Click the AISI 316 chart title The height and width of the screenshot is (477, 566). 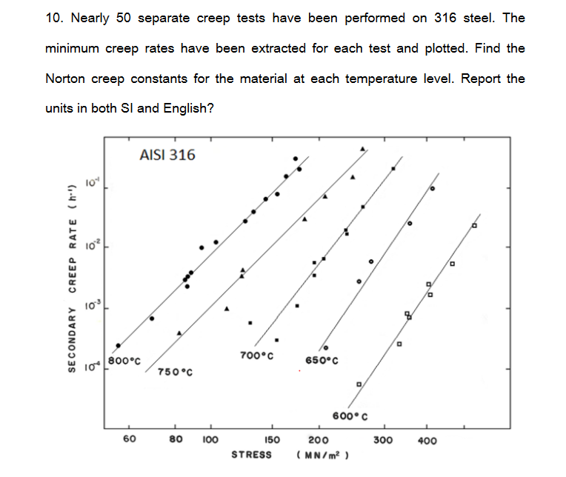coord(167,155)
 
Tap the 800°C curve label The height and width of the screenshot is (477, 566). coord(124,361)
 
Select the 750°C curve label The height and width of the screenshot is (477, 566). coord(175,372)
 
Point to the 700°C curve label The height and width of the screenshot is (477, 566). coord(256,356)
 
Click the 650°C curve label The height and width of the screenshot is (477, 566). coord(322,361)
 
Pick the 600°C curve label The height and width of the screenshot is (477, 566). coord(350,416)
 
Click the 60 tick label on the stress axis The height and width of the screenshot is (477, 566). coord(130,438)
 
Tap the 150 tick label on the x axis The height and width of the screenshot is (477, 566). coord(272,440)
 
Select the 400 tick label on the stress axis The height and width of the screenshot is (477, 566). coord(427,441)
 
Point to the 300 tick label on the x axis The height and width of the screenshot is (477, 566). coord(383,440)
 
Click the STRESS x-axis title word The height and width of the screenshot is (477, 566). coord(251,455)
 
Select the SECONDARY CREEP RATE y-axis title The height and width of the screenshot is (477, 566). coord(73,278)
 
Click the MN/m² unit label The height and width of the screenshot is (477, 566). coord(323,456)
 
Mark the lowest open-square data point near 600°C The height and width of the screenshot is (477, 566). coord(359,384)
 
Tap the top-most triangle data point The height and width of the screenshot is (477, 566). coord(362,149)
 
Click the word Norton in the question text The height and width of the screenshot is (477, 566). coord(66,79)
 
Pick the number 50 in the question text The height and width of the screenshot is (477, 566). coord(124,18)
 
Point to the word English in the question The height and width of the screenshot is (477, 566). coord(188,108)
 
